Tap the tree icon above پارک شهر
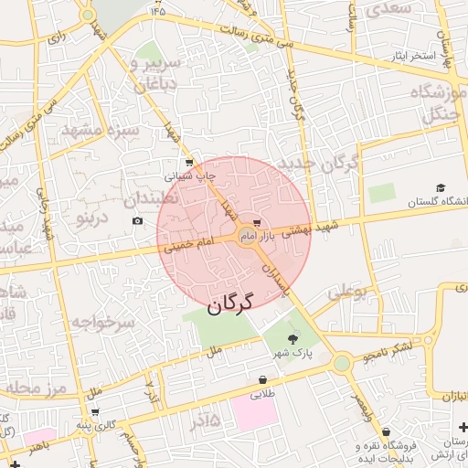[x=292, y=338]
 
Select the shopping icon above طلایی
[x=263, y=379]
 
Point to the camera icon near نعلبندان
[x=137, y=221]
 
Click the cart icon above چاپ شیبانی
[x=189, y=162]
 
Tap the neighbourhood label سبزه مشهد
[x=101, y=130]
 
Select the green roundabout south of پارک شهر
[x=342, y=364]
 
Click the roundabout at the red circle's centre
[x=248, y=237]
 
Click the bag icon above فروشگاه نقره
[x=387, y=432]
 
